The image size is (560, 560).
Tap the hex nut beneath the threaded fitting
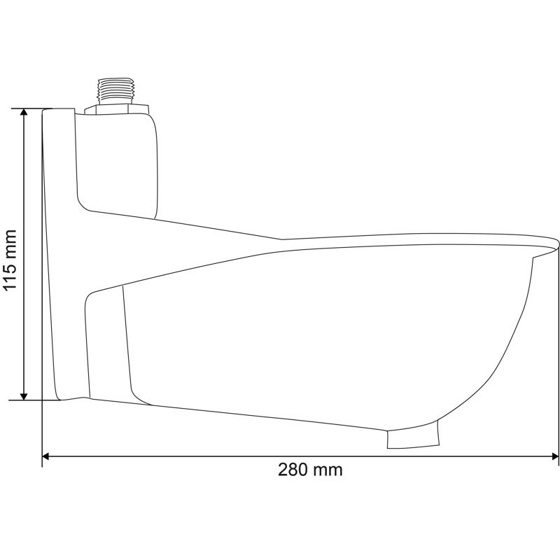pos(116,108)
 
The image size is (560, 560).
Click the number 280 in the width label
pos(293,470)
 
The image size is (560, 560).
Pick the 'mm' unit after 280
pos(328,470)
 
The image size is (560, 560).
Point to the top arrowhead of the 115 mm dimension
pos(24,114)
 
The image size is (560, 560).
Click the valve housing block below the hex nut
pos(119,161)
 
